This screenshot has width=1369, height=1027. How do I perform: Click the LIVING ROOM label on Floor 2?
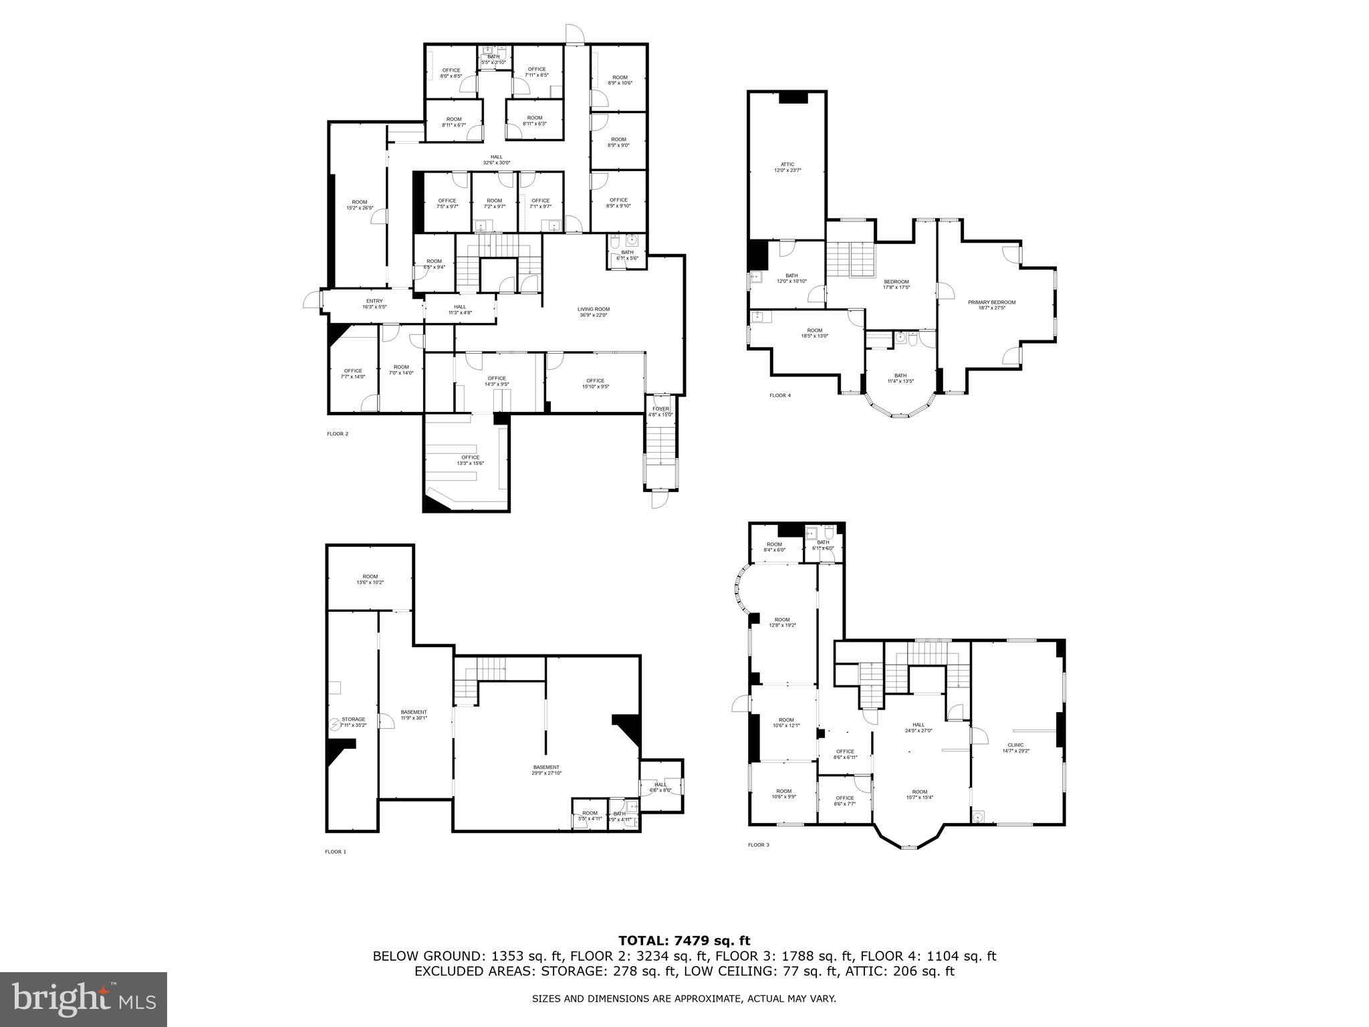pyautogui.click(x=593, y=309)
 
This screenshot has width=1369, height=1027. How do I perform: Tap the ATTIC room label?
pyautogui.click(x=787, y=164)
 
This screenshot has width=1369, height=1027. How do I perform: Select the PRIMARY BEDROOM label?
pyautogui.click(x=991, y=302)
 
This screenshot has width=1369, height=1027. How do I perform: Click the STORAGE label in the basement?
pyautogui.click(x=354, y=719)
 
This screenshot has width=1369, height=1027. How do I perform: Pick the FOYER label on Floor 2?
pyautogui.click(x=660, y=409)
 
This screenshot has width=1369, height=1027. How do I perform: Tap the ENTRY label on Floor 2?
pyautogui.click(x=374, y=301)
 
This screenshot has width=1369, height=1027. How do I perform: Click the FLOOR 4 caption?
pyautogui.click(x=779, y=395)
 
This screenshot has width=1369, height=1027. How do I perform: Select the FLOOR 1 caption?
pyautogui.click(x=336, y=852)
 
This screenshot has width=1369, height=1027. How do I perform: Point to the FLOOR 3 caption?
pyautogui.click(x=758, y=845)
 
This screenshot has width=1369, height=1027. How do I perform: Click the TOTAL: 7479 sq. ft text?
pyautogui.click(x=684, y=941)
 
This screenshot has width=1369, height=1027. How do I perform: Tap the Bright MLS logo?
pyautogui.click(x=83, y=1000)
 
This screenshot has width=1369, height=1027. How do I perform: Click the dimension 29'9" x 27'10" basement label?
pyautogui.click(x=546, y=774)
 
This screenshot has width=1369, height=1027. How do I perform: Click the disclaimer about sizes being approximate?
pyautogui.click(x=684, y=999)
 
